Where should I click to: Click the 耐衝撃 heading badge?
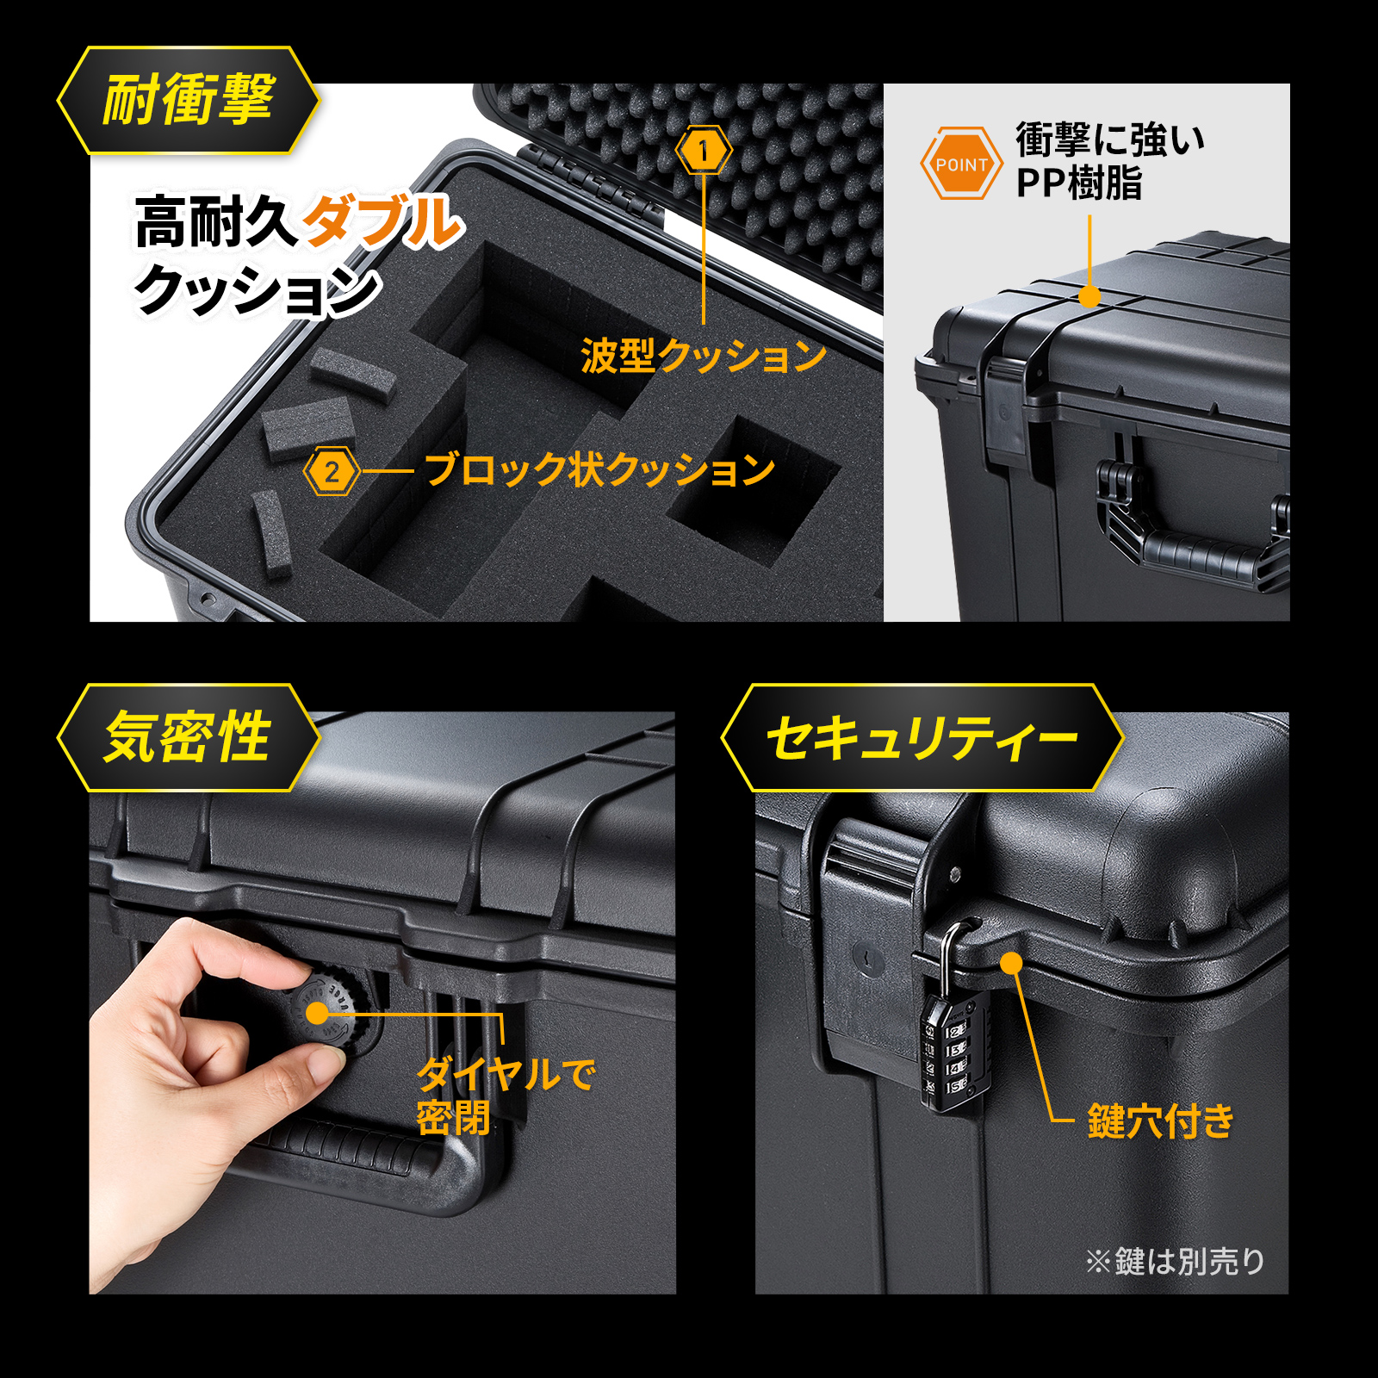click(x=189, y=101)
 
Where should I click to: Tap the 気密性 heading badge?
click(x=189, y=738)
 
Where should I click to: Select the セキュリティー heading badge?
click(x=922, y=738)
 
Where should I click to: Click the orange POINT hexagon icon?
click(x=962, y=164)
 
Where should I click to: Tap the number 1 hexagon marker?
click(x=705, y=151)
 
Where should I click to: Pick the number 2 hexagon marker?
click(x=332, y=471)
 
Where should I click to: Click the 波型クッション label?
click(x=704, y=355)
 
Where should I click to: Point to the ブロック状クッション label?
click(x=600, y=470)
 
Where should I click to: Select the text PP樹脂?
click(x=1079, y=183)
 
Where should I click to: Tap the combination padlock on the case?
click(x=954, y=1033)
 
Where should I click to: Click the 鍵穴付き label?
click(x=1161, y=1120)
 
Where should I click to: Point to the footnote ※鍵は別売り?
click(x=1175, y=1262)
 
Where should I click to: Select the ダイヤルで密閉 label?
click(x=506, y=1096)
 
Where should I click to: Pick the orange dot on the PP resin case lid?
click(x=1089, y=296)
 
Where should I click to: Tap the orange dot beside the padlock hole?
click(x=1011, y=962)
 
